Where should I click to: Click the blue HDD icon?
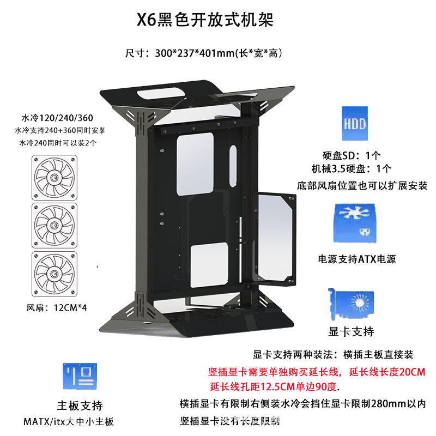(354, 121)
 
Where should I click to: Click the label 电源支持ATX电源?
(357, 259)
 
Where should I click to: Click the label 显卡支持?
(352, 331)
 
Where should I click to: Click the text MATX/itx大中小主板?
(69, 421)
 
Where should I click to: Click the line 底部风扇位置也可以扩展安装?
(362, 185)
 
